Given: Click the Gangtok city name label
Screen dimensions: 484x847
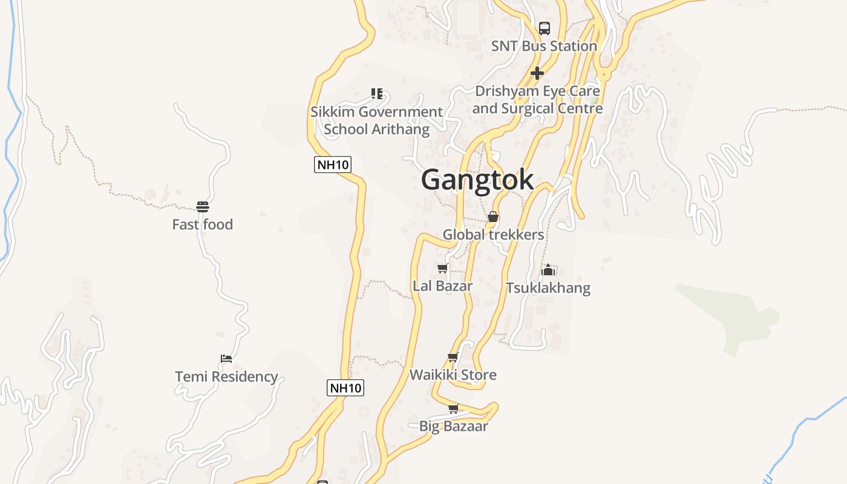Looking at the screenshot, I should (477, 180).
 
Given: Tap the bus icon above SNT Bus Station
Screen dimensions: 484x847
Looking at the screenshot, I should (544, 28).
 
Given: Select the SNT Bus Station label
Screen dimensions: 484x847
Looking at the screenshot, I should (544, 46).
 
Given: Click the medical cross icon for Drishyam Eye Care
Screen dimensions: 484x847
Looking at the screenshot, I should (537, 73).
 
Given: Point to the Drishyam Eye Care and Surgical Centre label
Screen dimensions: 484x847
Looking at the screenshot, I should (537, 100).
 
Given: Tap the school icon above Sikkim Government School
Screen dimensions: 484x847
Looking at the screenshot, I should (377, 93).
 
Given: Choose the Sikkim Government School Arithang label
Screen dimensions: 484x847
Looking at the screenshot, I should (376, 120).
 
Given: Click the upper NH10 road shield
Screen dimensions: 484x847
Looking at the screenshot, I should (333, 164).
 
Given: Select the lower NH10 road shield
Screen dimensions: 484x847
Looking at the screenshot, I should (345, 388).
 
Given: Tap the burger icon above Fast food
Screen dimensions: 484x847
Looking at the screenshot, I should (203, 207).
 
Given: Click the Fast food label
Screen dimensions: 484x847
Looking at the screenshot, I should (202, 224).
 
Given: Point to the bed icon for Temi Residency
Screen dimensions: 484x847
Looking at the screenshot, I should (226, 358).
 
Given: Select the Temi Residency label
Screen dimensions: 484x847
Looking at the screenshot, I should (226, 377).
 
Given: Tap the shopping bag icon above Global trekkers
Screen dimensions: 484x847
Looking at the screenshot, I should (493, 217).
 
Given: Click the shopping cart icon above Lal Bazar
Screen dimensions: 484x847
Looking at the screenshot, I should (443, 268).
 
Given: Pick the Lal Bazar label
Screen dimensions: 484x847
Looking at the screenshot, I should (442, 286).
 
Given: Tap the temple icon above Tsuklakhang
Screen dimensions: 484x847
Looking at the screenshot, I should (548, 270).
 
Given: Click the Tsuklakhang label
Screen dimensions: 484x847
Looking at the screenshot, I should (548, 288).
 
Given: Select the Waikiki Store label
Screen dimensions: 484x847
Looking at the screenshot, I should (453, 375).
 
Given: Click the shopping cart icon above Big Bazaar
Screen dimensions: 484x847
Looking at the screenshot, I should (453, 408).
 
